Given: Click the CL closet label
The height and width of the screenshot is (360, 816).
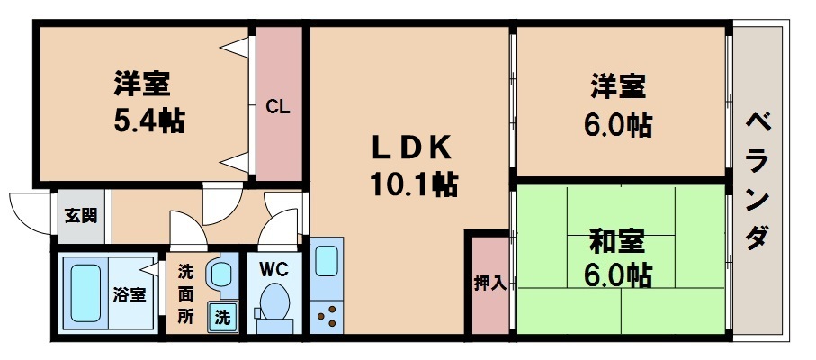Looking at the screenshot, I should (277, 107).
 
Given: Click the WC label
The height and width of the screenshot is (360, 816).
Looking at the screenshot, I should (273, 267).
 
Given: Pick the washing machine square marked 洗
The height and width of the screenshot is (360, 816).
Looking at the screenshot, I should (221, 317).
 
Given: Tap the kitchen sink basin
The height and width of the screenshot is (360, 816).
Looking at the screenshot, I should (327, 261).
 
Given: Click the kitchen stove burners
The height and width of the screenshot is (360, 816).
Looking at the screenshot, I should (327, 315).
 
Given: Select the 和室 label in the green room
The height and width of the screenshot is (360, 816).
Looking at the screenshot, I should (617, 241).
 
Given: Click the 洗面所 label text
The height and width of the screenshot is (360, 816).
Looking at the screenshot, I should (184, 293).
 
